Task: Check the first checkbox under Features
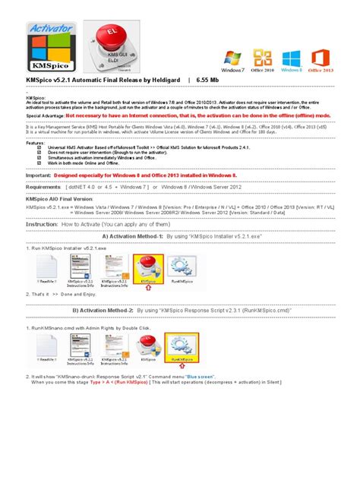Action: (39, 147)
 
